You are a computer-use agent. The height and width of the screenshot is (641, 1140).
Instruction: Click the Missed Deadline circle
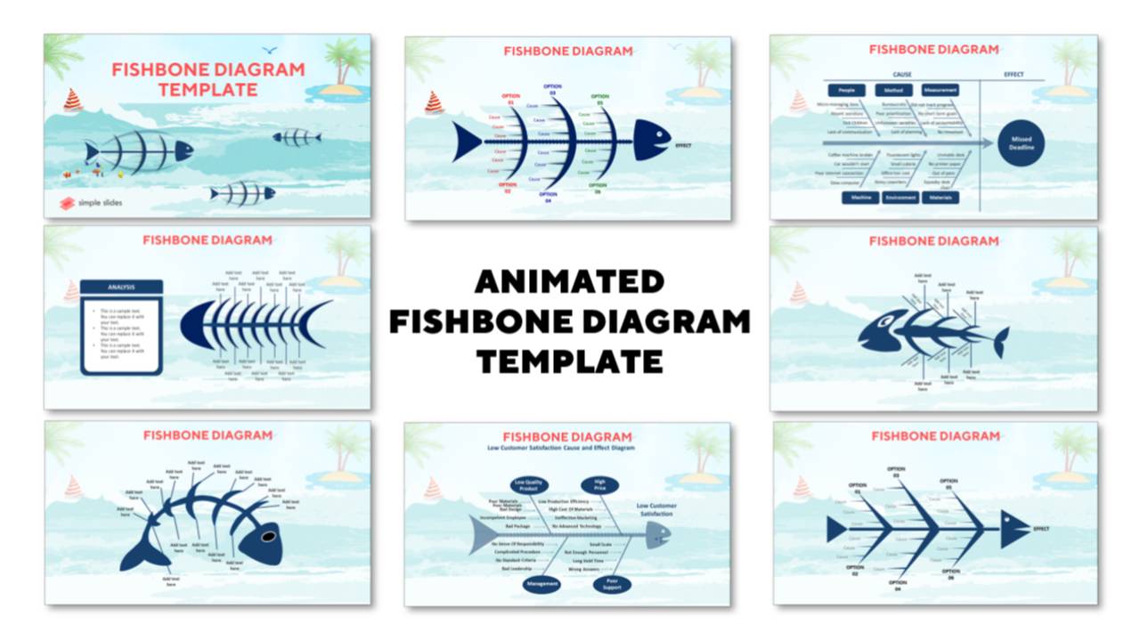[1021, 142]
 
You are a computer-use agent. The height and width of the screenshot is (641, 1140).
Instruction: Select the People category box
[847, 90]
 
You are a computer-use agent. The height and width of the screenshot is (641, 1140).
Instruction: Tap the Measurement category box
[940, 90]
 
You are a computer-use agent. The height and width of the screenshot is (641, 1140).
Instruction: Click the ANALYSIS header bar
[121, 287]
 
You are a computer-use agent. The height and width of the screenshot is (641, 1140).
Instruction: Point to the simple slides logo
[91, 202]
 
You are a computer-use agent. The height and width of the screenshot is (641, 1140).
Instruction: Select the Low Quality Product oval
[527, 485]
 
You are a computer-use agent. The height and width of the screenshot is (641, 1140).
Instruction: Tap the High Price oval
[600, 485]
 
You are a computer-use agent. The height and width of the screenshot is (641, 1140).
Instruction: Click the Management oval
[542, 584]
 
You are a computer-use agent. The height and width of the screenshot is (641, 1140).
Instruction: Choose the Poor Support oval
[612, 584]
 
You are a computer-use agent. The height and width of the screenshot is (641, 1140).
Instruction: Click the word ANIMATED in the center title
[569, 282]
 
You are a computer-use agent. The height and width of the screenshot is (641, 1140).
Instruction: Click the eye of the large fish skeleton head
[266, 537]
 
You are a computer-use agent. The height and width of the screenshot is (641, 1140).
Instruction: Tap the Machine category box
[861, 198]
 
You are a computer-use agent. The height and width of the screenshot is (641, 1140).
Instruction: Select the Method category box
[893, 90]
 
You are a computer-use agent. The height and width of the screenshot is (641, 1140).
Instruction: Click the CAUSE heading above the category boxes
[901, 75]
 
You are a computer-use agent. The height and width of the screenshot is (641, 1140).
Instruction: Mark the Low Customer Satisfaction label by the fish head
[656, 509]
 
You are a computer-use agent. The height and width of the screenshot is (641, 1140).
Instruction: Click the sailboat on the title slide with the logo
[73, 100]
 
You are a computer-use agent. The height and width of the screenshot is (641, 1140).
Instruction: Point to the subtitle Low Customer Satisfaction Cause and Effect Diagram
[567, 448]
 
